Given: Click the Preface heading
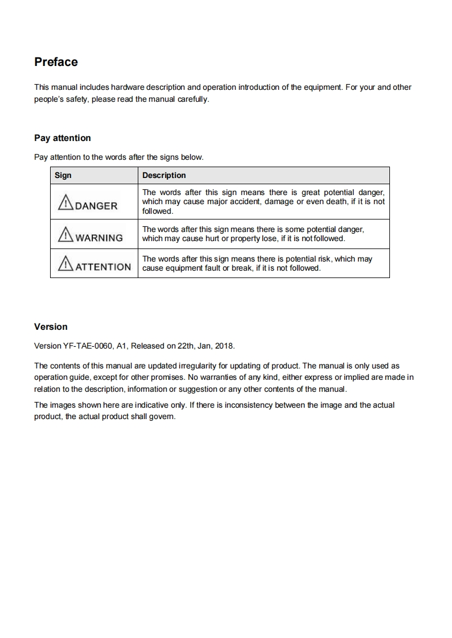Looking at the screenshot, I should tap(56, 62).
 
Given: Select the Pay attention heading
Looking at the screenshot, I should tap(62, 138).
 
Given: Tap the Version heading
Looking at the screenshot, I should tap(51, 327).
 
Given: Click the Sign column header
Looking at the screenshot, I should tap(63, 175).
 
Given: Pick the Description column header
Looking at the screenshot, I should tap(164, 175).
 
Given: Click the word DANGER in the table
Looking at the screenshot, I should tap(96, 206).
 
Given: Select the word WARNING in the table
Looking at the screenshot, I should tap(99, 238).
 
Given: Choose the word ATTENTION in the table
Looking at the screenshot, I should tap(103, 267).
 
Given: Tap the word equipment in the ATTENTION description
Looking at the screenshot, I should tap(183, 268).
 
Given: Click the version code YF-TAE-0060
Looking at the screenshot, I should tap(85, 346).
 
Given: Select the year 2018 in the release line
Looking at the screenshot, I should tap(224, 346).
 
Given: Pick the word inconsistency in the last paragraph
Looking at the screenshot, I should tap(272, 405).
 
